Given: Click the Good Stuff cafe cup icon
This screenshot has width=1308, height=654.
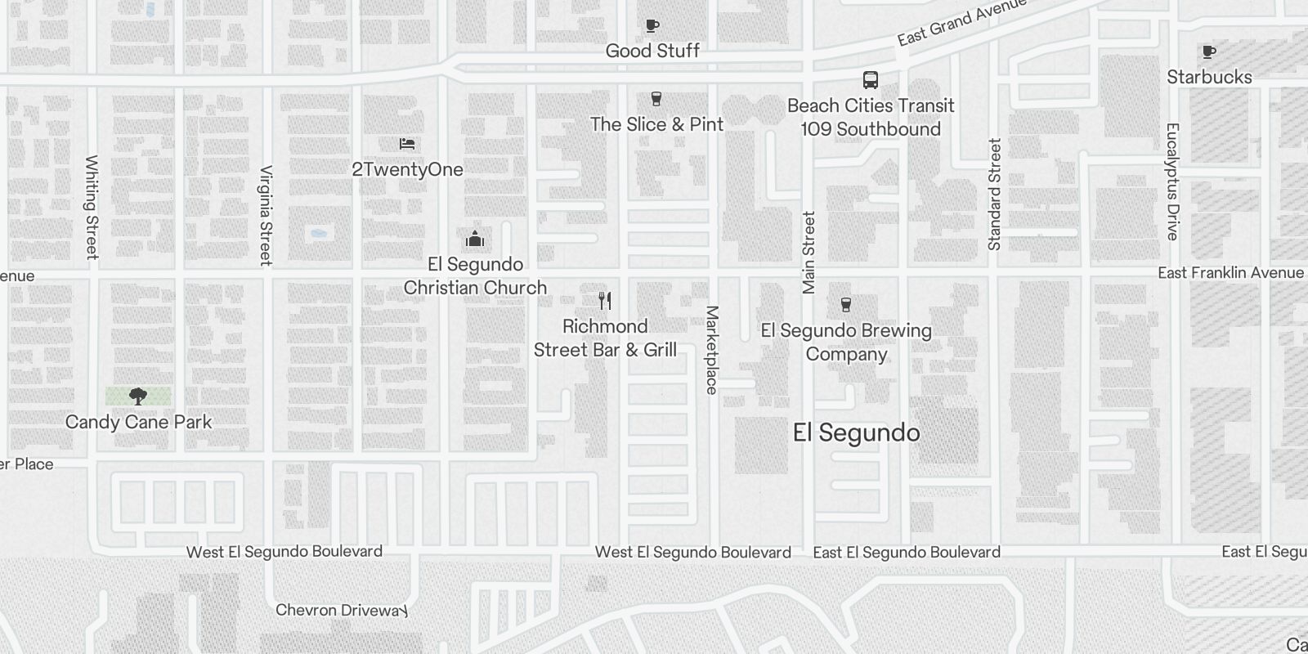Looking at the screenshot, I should tap(652, 26).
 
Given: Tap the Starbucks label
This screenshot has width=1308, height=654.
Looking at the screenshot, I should tap(1209, 78).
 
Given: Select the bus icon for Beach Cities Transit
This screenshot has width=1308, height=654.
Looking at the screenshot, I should tap(871, 80).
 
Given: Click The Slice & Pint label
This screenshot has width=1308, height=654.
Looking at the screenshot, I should tap(656, 124).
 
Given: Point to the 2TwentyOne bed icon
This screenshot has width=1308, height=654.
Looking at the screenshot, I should tap(407, 144).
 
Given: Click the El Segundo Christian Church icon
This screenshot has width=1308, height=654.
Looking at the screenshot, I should tap(475, 239).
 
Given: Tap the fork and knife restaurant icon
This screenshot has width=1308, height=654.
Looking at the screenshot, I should tap(605, 301).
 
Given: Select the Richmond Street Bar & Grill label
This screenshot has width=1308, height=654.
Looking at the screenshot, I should tap(605, 338).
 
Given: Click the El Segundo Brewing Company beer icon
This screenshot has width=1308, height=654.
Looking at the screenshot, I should tap(846, 305).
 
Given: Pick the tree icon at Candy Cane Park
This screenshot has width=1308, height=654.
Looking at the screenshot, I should tap(138, 396).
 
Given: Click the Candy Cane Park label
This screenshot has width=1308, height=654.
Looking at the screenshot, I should tap(138, 422).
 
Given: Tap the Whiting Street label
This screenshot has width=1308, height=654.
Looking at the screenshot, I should tap(92, 207).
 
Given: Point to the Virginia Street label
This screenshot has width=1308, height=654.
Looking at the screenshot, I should tap(266, 215).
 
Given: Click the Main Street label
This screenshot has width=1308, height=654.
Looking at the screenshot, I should tap(809, 252).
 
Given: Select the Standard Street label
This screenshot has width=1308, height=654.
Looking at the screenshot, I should tap(994, 195).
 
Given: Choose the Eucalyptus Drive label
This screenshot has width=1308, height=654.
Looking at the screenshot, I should tap(1173, 181).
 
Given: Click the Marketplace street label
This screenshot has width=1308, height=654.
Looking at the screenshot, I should tap(712, 350).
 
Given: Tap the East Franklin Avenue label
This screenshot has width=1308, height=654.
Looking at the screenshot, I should tap(1230, 273).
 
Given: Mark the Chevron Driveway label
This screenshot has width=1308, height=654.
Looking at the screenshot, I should tap(341, 610).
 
